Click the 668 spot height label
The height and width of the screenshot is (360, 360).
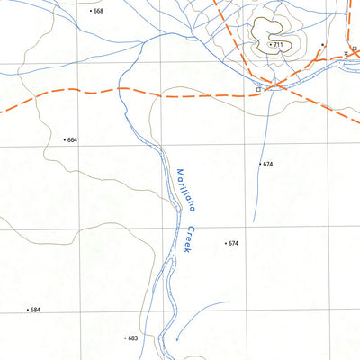(x=98, y=11)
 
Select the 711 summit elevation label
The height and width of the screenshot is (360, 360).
(x=277, y=45)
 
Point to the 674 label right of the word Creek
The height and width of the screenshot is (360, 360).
(x=234, y=244)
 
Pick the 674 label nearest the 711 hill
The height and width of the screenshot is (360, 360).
(x=267, y=165)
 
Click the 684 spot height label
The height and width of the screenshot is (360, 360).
(x=35, y=310)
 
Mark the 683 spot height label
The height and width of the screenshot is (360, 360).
(x=132, y=338)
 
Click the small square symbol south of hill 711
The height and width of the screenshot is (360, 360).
(x=259, y=90)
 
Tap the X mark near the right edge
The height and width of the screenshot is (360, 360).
(x=346, y=55)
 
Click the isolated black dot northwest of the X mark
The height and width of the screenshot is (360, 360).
(x=322, y=43)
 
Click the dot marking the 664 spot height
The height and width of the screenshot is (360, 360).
(x=65, y=140)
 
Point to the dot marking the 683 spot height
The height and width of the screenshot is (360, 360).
(x=124, y=338)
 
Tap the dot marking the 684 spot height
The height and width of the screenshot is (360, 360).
(x=27, y=310)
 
